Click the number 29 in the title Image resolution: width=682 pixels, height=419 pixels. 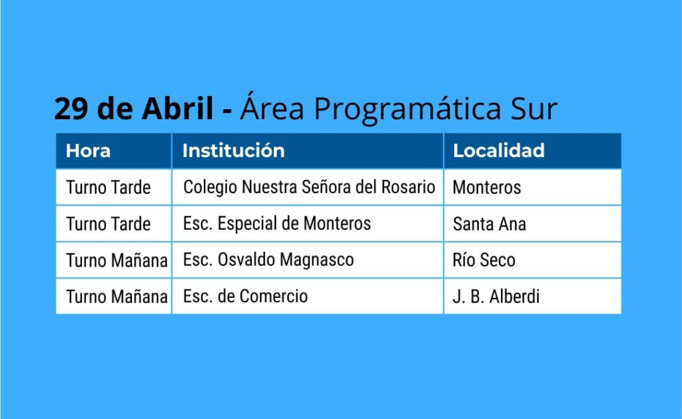pyautogui.click(x=71, y=109)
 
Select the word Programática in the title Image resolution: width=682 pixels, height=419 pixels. pyautogui.click(x=408, y=109)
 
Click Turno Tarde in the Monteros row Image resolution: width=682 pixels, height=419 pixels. pyautogui.click(x=109, y=188)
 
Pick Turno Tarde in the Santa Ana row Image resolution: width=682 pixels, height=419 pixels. pyautogui.click(x=109, y=224)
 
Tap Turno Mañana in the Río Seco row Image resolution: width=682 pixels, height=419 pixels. pyautogui.click(x=117, y=260)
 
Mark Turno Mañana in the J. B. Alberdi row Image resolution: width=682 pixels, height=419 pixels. pyautogui.click(x=117, y=296)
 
